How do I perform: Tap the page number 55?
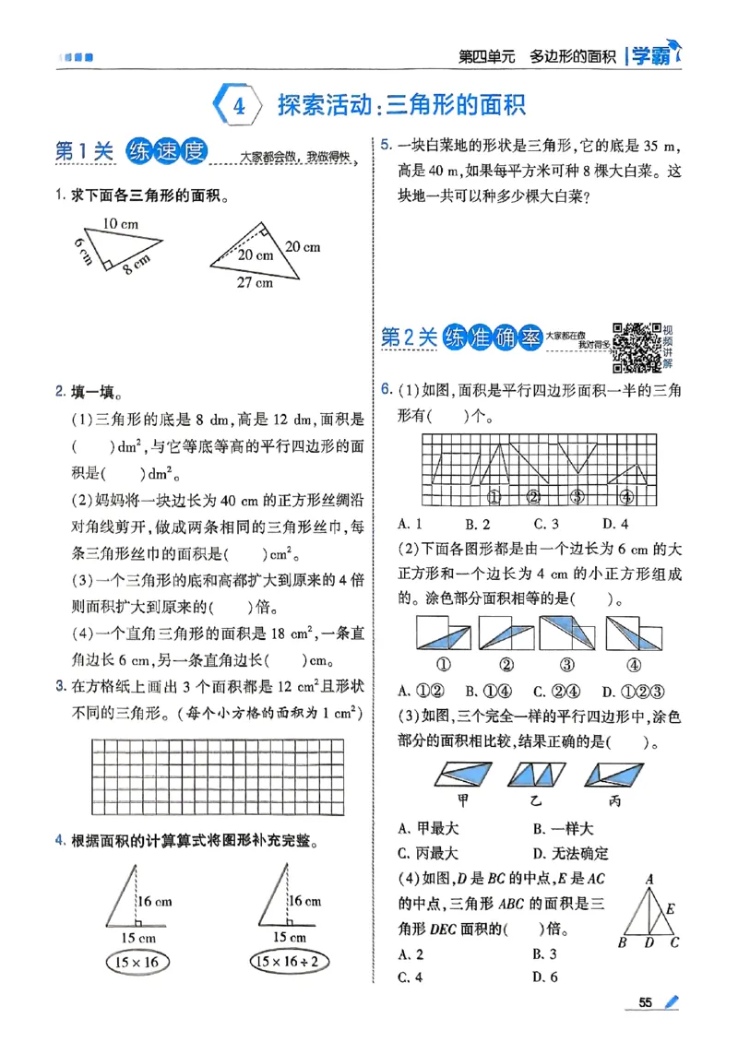pos(645,1002)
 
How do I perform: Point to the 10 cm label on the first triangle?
pos(120,223)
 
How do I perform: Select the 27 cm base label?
pos(253,283)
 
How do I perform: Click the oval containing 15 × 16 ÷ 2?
pos(292,962)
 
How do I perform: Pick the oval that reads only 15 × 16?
pos(133,962)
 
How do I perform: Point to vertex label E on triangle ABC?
pos(672,908)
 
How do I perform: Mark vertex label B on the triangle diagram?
pos(622,942)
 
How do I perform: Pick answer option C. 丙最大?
pos(428,853)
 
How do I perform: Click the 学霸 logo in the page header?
pos(655,55)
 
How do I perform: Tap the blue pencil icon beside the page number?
pos(672,1002)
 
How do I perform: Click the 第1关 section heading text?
pos(83,152)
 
